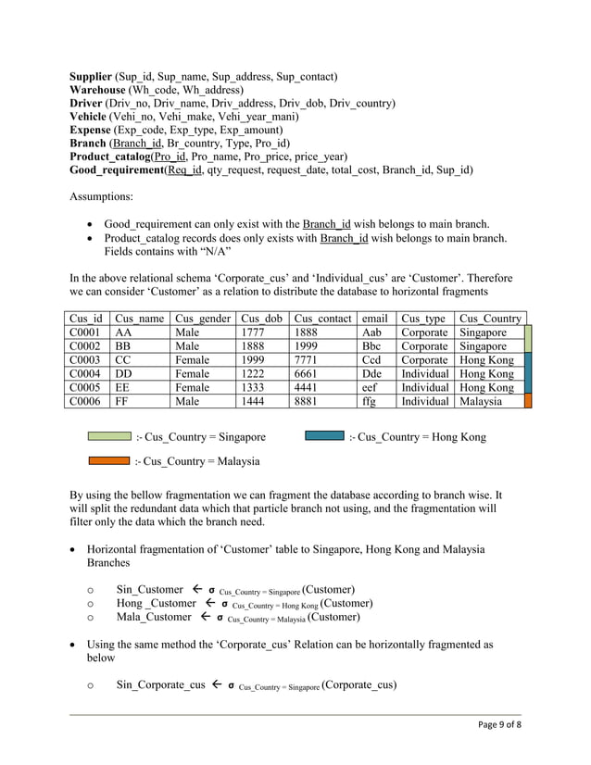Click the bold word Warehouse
(99, 90)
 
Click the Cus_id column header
(85, 319)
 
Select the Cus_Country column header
(490, 319)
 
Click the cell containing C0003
(85, 360)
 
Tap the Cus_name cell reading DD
(123, 374)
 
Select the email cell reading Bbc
(372, 346)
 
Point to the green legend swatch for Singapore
(109, 435)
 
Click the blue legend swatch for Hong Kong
(324, 435)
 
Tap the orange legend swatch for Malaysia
(109, 459)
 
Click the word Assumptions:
(106, 196)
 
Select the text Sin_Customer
(150, 590)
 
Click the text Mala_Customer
(154, 617)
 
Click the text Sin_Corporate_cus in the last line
(161, 685)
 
